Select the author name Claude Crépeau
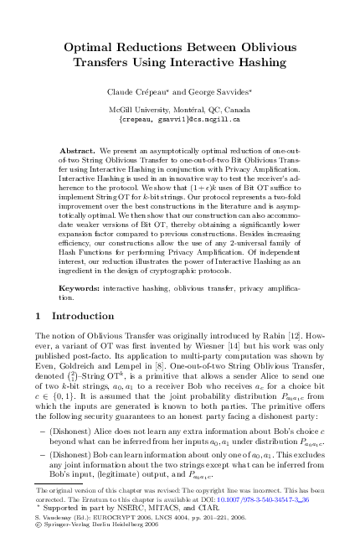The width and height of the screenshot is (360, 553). [136, 90]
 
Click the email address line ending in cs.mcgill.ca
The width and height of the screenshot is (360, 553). [179, 119]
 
